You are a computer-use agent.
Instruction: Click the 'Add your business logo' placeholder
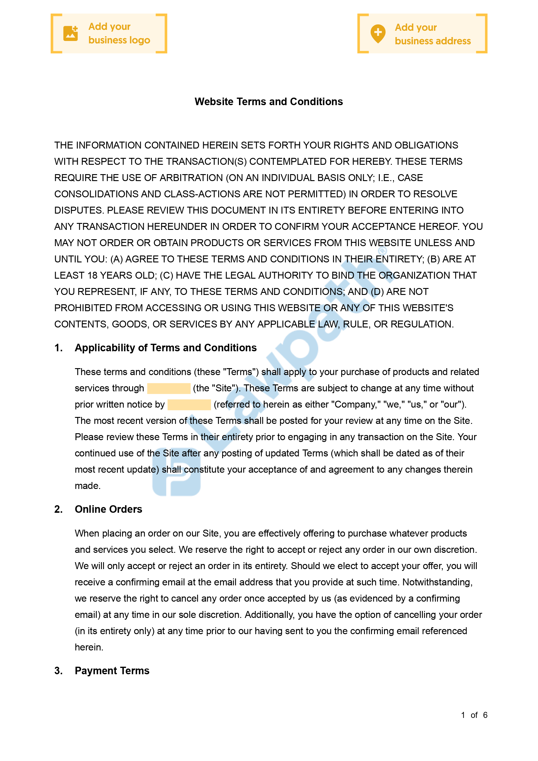[109, 33]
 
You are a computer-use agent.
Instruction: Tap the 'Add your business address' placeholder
[422, 34]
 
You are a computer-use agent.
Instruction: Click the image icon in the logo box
[71, 33]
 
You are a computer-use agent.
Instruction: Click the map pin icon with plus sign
[378, 34]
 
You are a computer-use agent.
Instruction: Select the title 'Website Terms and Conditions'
[269, 102]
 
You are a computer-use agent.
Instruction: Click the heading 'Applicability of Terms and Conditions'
[165, 348]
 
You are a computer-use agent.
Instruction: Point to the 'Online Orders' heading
[109, 509]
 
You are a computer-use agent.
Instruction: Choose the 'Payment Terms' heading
[112, 671]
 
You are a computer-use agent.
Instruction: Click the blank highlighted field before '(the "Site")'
[168, 388]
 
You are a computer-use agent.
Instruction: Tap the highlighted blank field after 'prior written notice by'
[189, 404]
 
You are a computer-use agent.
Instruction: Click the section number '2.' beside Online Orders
[58, 509]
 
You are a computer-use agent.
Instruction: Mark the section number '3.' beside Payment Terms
[58, 671]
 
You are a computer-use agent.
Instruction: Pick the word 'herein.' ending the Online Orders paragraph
[89, 647]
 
